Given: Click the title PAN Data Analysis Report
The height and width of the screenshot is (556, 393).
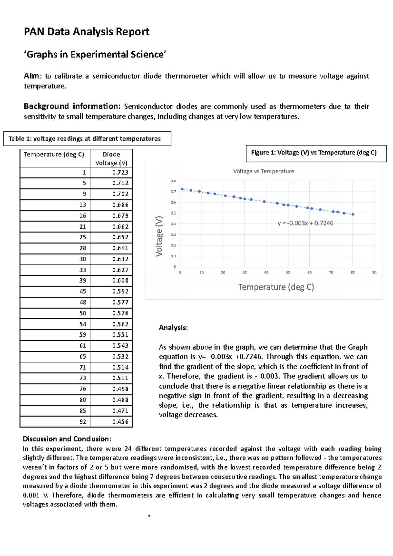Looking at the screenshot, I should tap(86, 32).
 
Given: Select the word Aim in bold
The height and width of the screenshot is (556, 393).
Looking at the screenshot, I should tap(31, 76).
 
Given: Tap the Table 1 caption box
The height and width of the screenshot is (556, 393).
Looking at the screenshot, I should tap(87, 139).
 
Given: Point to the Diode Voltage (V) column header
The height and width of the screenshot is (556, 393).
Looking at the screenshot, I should tap(111, 158).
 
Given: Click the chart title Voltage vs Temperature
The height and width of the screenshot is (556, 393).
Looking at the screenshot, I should tap(263, 171).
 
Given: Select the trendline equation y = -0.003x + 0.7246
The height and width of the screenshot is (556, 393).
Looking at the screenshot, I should tap(305, 223).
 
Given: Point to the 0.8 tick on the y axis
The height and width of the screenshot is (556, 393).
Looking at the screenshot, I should tap(173, 181).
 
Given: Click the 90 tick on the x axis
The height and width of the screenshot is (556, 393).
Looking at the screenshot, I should tap(374, 272).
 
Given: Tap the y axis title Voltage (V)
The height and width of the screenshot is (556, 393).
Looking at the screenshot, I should tap(159, 236).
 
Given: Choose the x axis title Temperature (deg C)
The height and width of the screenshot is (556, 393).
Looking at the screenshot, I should tap(276, 287).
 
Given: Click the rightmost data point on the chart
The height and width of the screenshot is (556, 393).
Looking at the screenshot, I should tap(353, 214).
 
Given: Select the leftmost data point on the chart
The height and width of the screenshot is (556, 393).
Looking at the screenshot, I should tap(182, 189).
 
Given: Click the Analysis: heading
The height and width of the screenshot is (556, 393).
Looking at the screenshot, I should tap(173, 328).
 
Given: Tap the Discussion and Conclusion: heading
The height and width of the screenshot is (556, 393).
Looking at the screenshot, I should tap(67, 439).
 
